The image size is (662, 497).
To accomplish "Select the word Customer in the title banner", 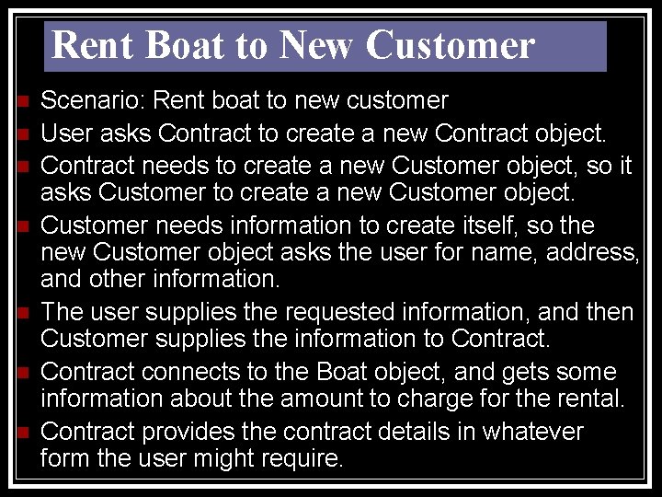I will pyautogui.click(x=450, y=46).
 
